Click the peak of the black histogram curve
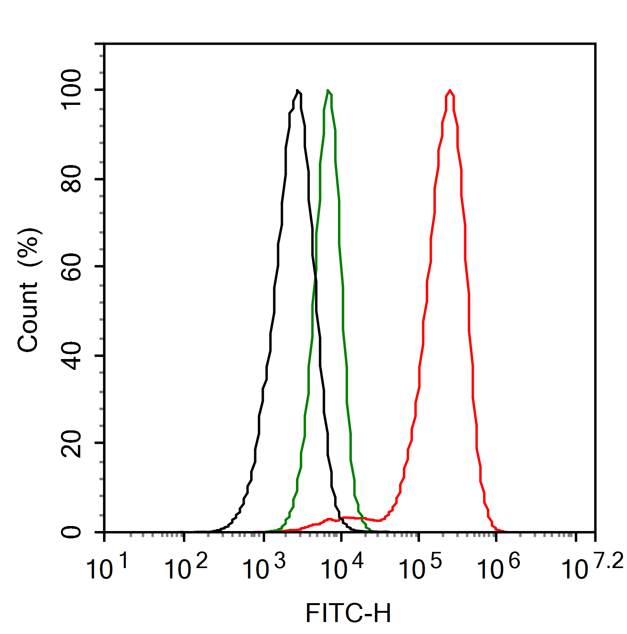point(297,91)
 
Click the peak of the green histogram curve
point(328,91)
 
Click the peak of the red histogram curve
point(450,90)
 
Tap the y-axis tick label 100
point(72,89)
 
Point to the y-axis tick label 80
point(72,179)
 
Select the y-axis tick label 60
point(72,267)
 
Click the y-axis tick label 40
point(72,356)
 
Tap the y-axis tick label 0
point(72,532)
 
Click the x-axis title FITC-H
point(348,613)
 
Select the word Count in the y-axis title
point(28,317)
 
